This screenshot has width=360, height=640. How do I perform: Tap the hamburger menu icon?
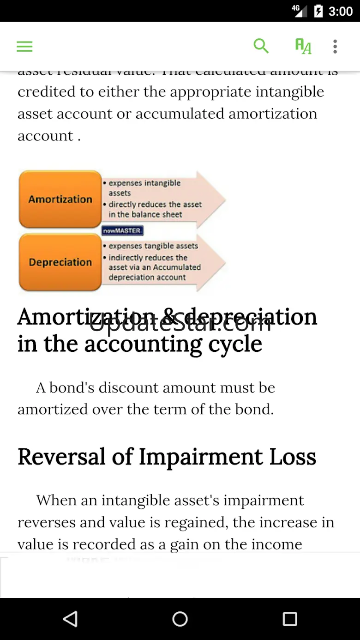[x=24, y=46]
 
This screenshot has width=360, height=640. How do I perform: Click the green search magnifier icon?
[x=261, y=46]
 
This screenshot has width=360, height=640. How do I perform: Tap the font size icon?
[x=303, y=46]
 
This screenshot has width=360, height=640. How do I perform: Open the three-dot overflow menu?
[x=335, y=46]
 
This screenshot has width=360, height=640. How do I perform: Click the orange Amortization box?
[x=60, y=199]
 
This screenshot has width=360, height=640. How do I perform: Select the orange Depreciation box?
[x=60, y=262]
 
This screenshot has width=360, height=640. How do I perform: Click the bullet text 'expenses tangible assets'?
[x=153, y=246]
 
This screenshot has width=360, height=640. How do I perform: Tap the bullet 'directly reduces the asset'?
[x=155, y=204]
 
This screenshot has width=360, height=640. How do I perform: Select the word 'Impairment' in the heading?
[x=201, y=457]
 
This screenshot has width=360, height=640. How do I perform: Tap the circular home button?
[x=180, y=619]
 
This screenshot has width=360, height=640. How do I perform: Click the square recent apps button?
[x=290, y=619]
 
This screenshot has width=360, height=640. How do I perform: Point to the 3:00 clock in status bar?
[x=340, y=11]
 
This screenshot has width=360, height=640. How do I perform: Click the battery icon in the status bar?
[x=318, y=11]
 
